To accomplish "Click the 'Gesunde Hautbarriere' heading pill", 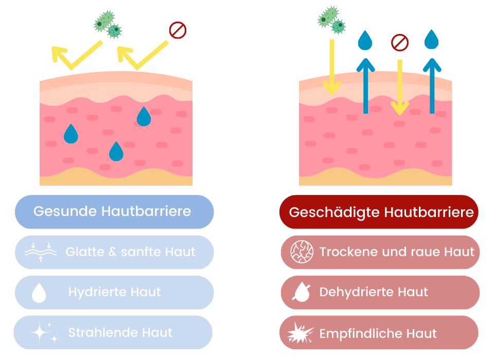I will pos(114,211).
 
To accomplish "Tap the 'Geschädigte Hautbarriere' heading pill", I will pos(379,212).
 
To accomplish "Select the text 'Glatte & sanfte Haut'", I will pos(130,252).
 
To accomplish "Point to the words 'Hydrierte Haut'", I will pos(114,292).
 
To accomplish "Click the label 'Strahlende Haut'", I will pos(120,332).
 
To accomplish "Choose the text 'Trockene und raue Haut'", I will pos(397,252).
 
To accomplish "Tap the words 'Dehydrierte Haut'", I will pos(374,292).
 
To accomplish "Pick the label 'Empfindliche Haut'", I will pos(378,333).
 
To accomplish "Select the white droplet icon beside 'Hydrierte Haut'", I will pos(39,293).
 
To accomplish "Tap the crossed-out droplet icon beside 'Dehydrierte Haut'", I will pos(301,292).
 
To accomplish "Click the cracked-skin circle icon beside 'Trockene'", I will pos(302,252).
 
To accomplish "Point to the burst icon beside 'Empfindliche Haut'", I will pos(300,332).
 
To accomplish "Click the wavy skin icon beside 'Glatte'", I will pos(41,252).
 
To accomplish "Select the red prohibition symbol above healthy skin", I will pos(178,31).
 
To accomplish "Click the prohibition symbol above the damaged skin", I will pos(400,42).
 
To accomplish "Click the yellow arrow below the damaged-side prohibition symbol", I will pos(399,87).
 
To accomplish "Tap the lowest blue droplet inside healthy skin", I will pos(116,151).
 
